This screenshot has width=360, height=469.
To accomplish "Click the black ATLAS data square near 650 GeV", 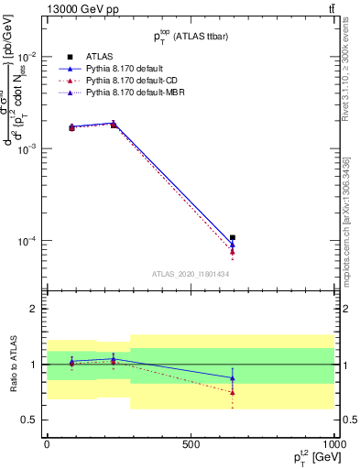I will tap(233, 238).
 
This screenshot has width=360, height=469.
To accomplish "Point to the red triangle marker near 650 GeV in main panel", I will tap(233, 252).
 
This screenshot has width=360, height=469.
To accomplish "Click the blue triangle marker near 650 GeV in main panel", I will tap(233, 245).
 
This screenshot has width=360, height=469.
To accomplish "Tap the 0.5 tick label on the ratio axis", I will tap(30, 420).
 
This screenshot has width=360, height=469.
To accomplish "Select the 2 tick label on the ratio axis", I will tap(34, 310).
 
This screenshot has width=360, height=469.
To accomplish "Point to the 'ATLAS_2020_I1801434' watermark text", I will tap(191, 274).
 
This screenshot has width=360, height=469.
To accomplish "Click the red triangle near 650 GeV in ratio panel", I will tap(233, 392).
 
